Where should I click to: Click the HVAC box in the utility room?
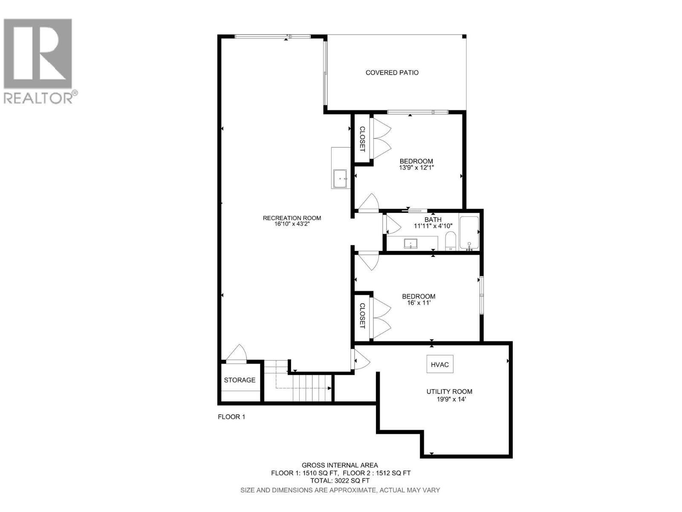[x=440, y=365]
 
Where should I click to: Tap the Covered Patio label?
[x=392, y=73]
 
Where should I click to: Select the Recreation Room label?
[x=292, y=218]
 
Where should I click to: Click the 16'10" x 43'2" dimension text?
[x=292, y=224]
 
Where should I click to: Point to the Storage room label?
[x=240, y=380]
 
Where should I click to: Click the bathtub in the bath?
[x=469, y=233]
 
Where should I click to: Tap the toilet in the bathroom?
[x=451, y=241]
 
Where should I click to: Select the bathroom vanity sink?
[x=411, y=244]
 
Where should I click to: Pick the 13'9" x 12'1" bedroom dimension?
[x=416, y=168]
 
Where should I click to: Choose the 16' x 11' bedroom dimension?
[x=419, y=303]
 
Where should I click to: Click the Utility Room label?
[x=449, y=392]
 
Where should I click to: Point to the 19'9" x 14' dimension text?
[x=449, y=399]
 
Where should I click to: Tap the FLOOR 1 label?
[x=231, y=417]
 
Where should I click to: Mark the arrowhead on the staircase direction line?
[x=329, y=388]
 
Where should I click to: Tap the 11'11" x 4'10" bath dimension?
[x=433, y=226]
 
